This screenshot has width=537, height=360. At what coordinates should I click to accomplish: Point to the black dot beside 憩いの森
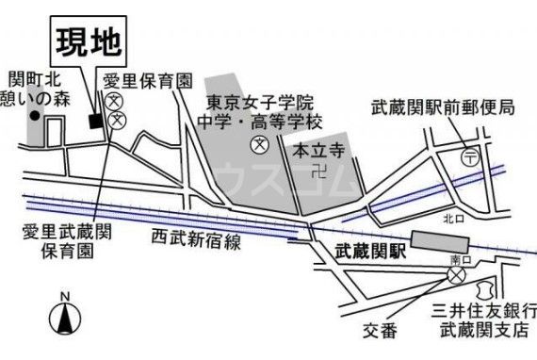click(x=34, y=117)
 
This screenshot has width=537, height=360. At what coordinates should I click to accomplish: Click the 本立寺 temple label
click(x=314, y=150)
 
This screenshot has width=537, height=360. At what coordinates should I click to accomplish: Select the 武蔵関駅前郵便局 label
click(x=442, y=108)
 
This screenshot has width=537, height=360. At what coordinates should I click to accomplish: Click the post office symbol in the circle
click(x=469, y=158)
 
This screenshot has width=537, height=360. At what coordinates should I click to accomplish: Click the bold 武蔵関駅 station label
click(x=369, y=252)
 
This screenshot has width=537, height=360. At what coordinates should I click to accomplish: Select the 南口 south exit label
click(x=460, y=258)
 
